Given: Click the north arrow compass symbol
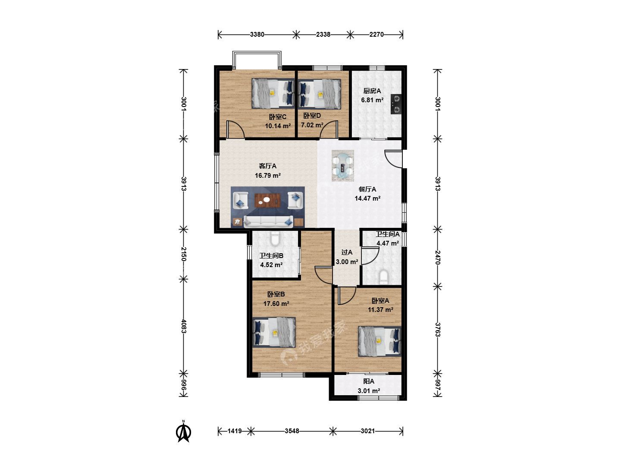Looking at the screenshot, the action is (x=183, y=432).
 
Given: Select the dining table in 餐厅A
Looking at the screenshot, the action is (x=342, y=166).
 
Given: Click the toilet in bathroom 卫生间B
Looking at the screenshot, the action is (x=275, y=239).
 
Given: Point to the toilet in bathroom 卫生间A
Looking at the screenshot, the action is (x=383, y=277).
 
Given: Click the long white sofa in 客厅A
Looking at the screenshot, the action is (x=268, y=222).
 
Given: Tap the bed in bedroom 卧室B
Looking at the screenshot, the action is (x=274, y=332).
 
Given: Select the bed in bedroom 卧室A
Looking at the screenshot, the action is (x=379, y=341).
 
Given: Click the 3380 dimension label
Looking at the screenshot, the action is (x=257, y=35).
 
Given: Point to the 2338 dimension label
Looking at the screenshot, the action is (x=323, y=35).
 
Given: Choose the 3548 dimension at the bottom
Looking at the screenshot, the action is (x=292, y=431).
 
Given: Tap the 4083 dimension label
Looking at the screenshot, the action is (x=184, y=326).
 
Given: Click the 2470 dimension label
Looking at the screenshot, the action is (x=437, y=258).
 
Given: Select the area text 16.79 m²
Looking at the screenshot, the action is (x=268, y=176).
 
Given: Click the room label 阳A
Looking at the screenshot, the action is (x=369, y=381).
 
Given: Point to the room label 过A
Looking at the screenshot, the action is (x=347, y=252).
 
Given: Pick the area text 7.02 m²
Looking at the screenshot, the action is (x=312, y=125).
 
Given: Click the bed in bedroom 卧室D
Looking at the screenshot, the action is (x=320, y=94).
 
